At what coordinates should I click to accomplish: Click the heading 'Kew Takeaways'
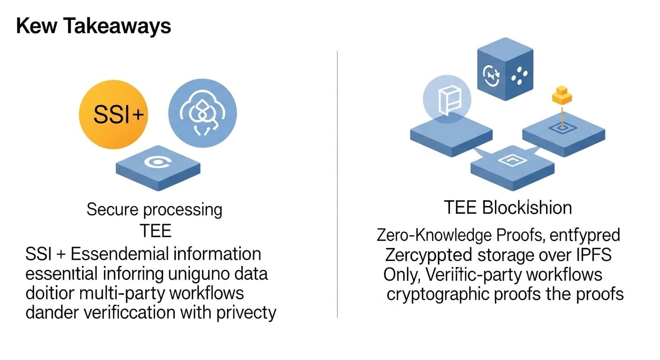(x=93, y=27)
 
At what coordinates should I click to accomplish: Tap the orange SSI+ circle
(x=113, y=114)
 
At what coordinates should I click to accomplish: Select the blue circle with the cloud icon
(x=202, y=113)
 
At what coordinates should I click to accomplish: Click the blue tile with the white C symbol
(x=158, y=164)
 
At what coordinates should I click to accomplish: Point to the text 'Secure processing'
(x=154, y=209)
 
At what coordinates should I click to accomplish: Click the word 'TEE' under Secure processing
(x=155, y=231)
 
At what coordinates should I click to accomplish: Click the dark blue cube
(x=504, y=70)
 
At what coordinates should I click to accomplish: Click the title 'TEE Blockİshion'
(x=508, y=207)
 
